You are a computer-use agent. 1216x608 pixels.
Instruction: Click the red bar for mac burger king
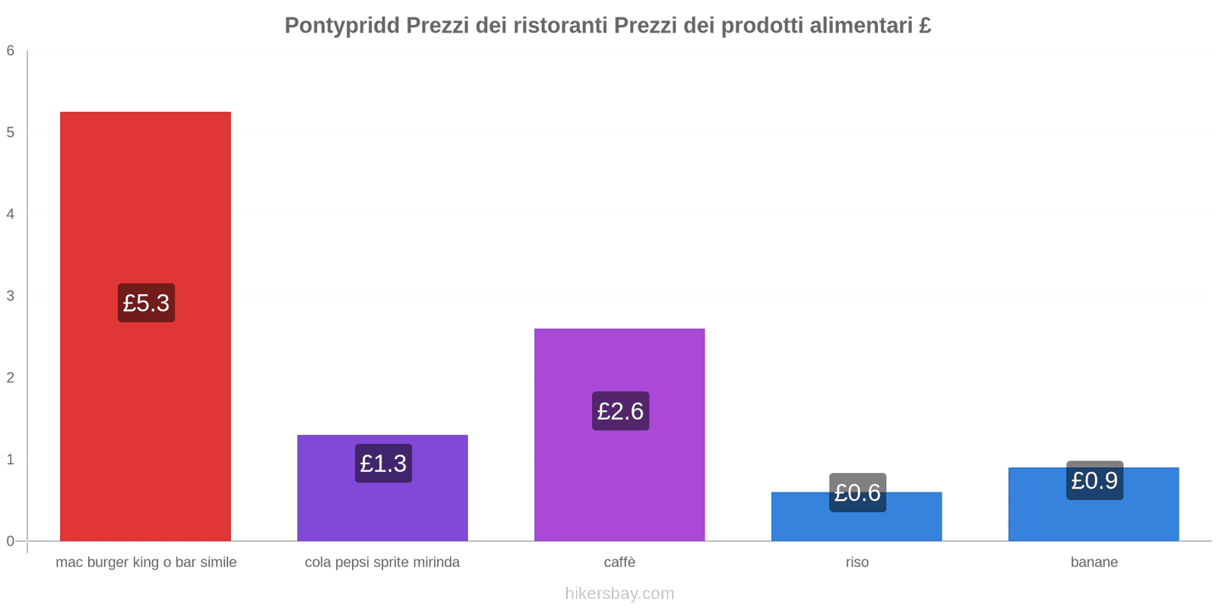[x=145, y=190]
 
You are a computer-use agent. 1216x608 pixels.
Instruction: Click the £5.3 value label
[x=146, y=303]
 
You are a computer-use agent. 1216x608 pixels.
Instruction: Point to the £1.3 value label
[x=383, y=464]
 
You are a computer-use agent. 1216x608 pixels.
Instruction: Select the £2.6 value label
[x=620, y=411]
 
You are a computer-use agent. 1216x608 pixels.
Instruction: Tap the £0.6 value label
[x=857, y=492]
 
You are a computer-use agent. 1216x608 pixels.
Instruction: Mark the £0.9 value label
[x=1094, y=480]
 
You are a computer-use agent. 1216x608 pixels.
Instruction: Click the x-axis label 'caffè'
[x=619, y=562]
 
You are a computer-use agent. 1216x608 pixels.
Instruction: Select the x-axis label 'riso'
[x=857, y=562]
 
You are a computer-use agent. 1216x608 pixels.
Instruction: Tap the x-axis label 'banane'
[x=1094, y=562]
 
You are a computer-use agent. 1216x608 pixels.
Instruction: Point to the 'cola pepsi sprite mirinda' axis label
[x=382, y=562]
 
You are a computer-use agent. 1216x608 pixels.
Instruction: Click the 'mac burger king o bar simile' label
[x=146, y=562]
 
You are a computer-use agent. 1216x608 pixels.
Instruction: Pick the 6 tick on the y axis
[x=11, y=51]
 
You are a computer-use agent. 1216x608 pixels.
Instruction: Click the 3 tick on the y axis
[x=11, y=296]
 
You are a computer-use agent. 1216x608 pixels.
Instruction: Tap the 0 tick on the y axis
[x=11, y=541]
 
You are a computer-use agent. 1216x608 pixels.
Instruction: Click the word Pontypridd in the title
[x=341, y=26]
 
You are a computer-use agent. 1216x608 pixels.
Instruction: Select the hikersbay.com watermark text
[x=619, y=594]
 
